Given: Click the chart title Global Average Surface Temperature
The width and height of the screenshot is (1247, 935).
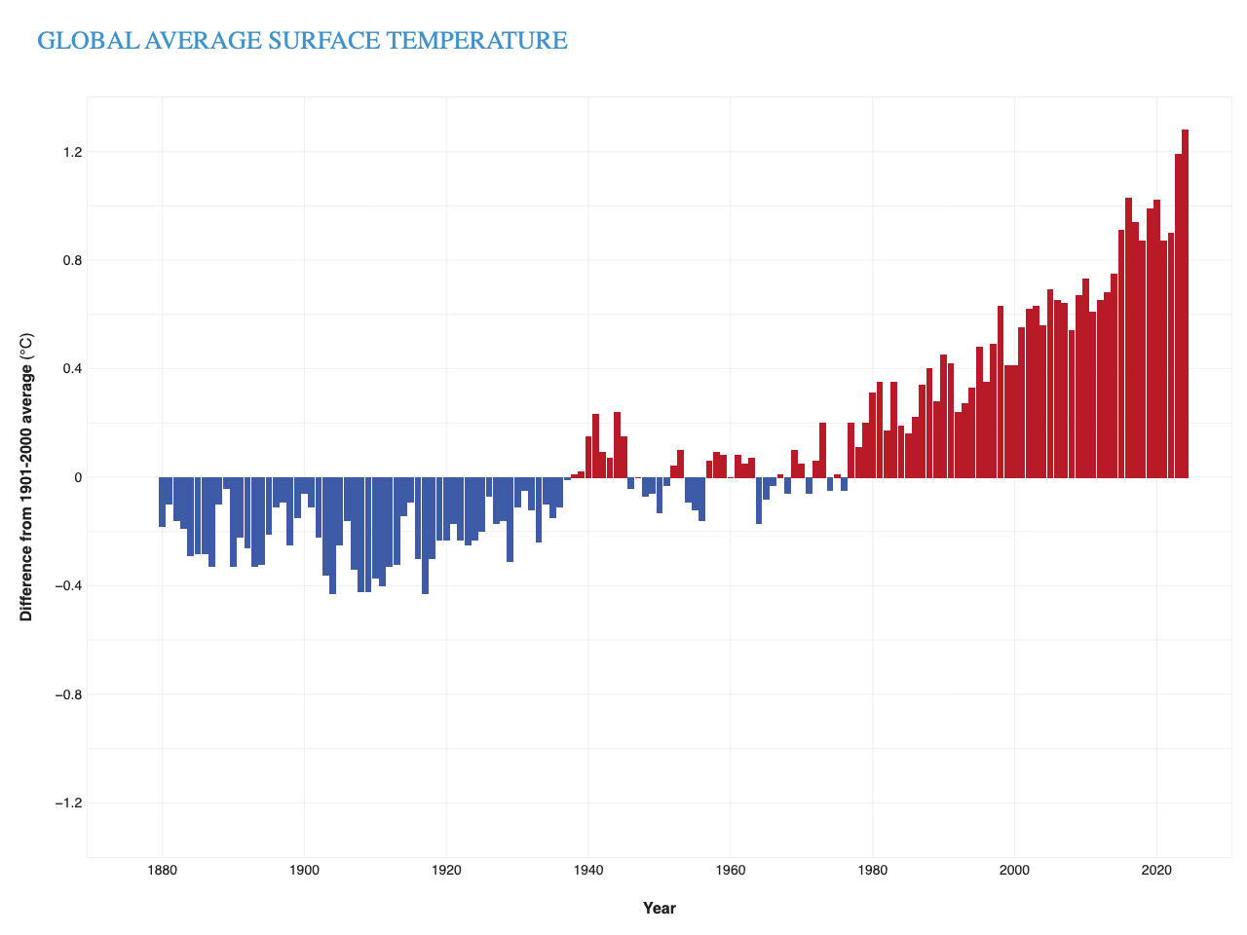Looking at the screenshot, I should pyautogui.click(x=302, y=41).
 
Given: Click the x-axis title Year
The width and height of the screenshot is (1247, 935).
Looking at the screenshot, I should pyautogui.click(x=659, y=908).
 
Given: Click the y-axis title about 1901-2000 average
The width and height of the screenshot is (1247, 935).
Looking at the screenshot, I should pyautogui.click(x=26, y=477).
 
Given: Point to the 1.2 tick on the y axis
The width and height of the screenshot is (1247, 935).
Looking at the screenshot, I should pyautogui.click(x=72, y=152).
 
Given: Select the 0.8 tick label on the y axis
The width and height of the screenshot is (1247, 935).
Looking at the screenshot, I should pyautogui.click(x=72, y=260).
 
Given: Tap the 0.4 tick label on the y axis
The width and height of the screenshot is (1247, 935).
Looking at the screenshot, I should pyautogui.click(x=72, y=369).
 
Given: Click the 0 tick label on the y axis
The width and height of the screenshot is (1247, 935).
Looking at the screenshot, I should pyautogui.click(x=79, y=477).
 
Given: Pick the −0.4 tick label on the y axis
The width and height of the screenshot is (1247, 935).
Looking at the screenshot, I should pyautogui.click(x=69, y=585).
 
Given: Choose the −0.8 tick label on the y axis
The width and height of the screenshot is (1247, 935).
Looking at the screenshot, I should pyautogui.click(x=69, y=694).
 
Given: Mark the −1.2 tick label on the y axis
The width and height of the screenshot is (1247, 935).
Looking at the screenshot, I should pyautogui.click(x=69, y=803).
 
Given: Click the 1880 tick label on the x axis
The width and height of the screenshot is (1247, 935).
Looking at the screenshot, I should pyautogui.click(x=162, y=870).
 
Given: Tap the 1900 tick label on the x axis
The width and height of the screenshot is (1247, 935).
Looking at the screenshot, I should pyautogui.click(x=304, y=870).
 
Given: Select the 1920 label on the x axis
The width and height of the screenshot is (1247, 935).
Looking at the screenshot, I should pyautogui.click(x=446, y=870).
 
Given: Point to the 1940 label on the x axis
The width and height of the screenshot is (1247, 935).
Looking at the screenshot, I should pyautogui.click(x=588, y=870).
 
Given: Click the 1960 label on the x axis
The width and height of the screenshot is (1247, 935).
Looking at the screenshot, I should pyautogui.click(x=731, y=870).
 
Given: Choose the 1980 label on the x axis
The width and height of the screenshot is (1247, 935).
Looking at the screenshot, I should pyautogui.click(x=873, y=870).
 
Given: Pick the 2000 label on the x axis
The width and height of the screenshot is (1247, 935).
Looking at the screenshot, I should pyautogui.click(x=1014, y=870).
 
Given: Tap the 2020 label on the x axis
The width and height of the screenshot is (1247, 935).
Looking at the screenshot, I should pyautogui.click(x=1156, y=870).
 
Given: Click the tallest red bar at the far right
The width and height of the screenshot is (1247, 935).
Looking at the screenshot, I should pyautogui.click(x=1185, y=302).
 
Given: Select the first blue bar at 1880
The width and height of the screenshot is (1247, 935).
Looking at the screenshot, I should pyautogui.click(x=162, y=502).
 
